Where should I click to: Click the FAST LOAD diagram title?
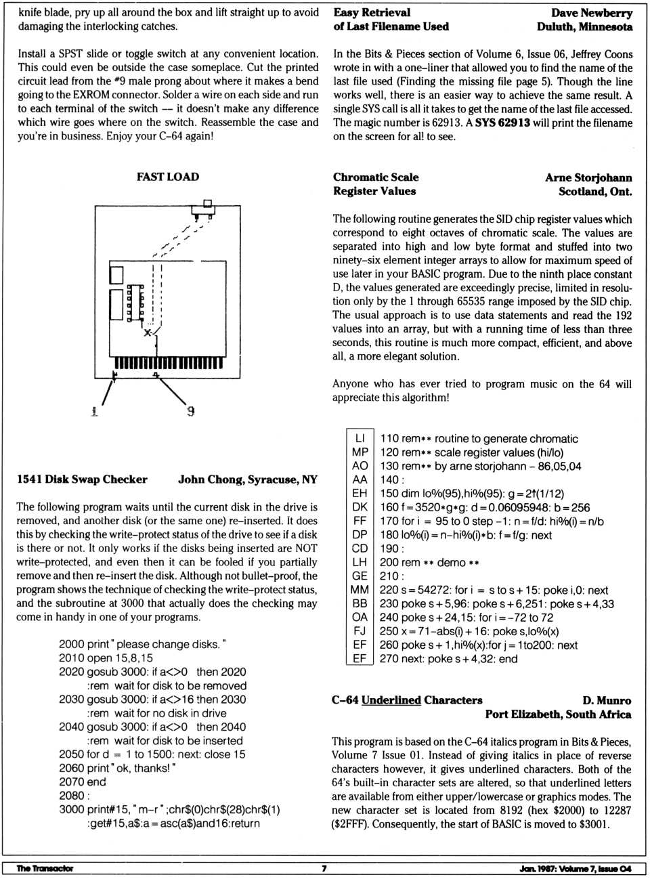168,177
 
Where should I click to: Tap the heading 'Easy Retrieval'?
372,12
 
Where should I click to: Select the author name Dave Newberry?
591,13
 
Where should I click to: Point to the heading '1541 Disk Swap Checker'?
82,479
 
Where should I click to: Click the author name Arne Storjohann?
588,177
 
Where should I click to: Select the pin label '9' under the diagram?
191,411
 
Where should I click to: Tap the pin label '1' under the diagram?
94,411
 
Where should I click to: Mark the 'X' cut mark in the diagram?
148,333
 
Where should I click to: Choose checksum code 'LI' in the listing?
360,438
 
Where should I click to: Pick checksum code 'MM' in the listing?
360,590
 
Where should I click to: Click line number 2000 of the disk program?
71,644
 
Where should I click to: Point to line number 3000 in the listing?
71,809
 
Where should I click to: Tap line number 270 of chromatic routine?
389,659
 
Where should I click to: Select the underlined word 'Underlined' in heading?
391,700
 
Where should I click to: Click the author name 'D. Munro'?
606,700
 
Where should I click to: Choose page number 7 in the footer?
324,868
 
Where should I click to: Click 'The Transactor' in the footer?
45,868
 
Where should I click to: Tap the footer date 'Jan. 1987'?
537,868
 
